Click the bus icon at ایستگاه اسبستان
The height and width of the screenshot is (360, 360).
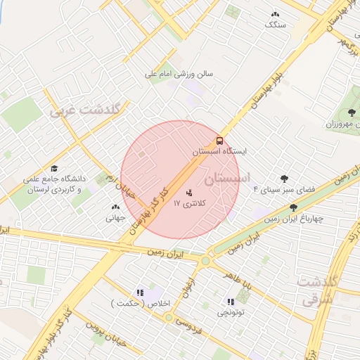[219, 141]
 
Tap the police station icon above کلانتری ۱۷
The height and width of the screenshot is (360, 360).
[188, 192]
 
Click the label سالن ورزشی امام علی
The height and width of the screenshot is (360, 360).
[179, 72]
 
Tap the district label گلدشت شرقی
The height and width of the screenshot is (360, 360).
[320, 290]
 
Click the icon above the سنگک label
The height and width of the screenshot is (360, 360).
[274, 13]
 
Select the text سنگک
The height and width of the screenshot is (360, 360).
[275, 25]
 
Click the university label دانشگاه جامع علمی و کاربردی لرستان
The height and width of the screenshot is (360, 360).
[52, 184]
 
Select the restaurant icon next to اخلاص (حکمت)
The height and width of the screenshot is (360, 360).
[139, 292]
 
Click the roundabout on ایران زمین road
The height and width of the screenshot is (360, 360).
[205, 261]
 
